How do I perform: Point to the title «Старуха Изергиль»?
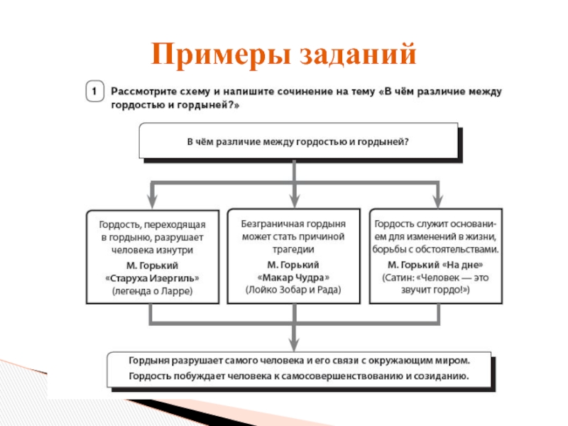click(153, 278)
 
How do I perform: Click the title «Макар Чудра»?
click(294, 277)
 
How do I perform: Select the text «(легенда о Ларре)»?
click(153, 291)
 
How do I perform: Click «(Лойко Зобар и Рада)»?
click(294, 290)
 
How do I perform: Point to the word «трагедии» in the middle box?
click(294, 249)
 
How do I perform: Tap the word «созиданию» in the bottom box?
click(445, 376)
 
